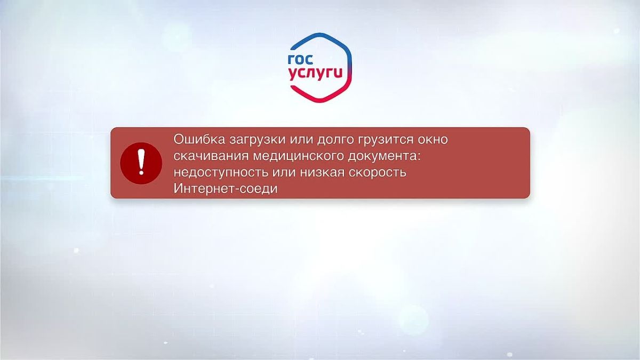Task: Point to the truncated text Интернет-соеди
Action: tap(226, 189)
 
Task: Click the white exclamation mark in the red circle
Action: tap(141, 162)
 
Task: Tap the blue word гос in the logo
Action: tap(300, 59)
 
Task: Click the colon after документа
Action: tap(419, 157)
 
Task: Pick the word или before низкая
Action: tap(283, 173)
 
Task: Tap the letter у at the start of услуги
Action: tap(293, 76)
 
